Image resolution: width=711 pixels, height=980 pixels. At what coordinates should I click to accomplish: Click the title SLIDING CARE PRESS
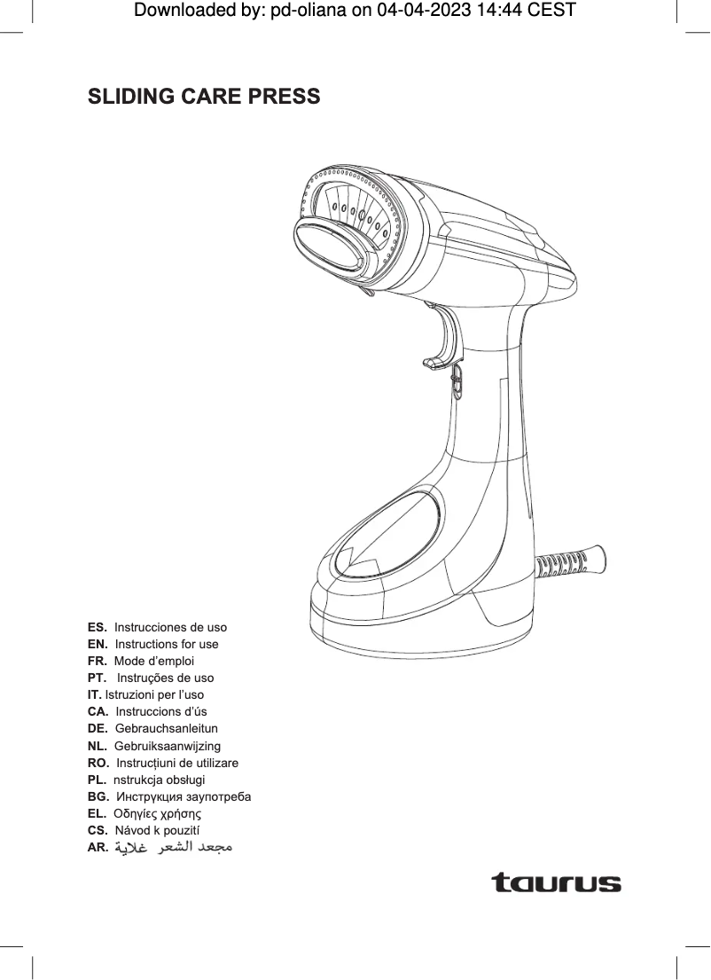[204, 96]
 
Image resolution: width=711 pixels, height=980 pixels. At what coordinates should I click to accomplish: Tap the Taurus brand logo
[556, 883]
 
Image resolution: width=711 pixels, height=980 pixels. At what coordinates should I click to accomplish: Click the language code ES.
[98, 627]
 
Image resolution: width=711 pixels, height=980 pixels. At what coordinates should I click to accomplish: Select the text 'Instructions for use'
[167, 644]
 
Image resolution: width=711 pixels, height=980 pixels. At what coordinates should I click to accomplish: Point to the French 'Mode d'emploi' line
[154, 661]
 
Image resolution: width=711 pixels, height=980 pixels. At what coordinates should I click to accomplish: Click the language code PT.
[98, 678]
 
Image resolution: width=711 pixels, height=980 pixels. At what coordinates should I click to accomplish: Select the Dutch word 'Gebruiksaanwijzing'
[168, 745]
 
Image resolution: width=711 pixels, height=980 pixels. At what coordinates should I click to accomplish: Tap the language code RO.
[98, 763]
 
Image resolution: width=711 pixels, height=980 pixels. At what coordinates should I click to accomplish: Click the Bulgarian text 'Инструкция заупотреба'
[183, 796]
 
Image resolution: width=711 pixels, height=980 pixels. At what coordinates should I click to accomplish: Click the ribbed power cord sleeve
[571, 562]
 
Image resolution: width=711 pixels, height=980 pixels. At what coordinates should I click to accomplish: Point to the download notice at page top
[355, 11]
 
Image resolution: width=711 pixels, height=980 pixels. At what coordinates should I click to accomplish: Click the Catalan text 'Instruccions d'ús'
[160, 711]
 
